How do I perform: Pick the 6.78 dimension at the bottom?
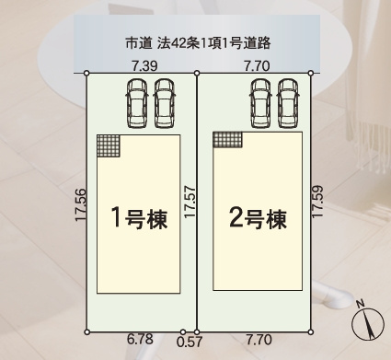click(x=139, y=341)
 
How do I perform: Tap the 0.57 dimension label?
click(x=189, y=343)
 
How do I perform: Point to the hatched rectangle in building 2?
click(x=228, y=139)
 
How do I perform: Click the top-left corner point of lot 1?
click(x=86, y=74)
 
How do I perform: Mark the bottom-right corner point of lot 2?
click(x=311, y=331)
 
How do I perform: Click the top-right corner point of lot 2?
click(x=311, y=74)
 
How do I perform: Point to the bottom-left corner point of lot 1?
click(x=86, y=331)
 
